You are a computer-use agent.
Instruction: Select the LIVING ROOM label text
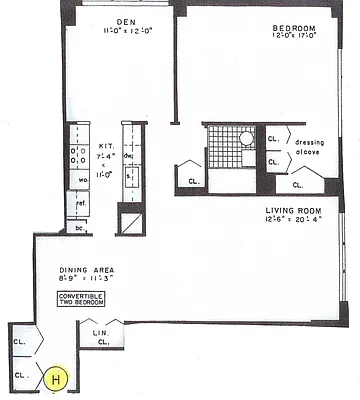(x=293, y=209)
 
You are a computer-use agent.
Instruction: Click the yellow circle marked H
(x=57, y=379)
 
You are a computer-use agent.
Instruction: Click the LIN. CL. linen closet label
(x=101, y=337)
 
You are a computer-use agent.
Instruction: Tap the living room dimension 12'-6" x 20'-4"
(x=293, y=220)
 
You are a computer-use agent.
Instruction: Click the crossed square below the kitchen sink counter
(x=130, y=220)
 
